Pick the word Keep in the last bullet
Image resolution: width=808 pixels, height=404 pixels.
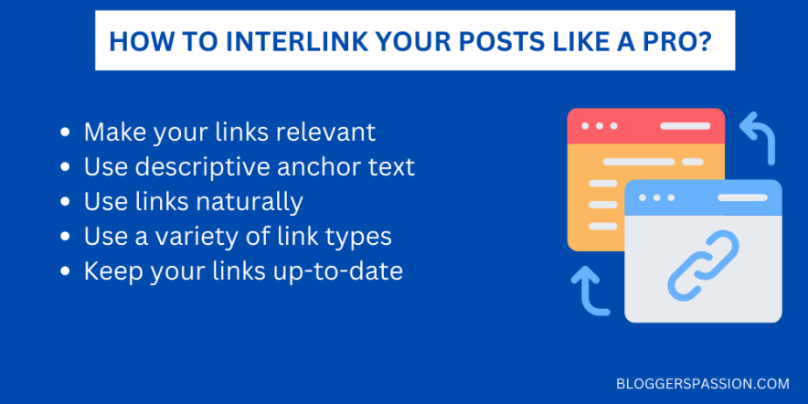[109, 271]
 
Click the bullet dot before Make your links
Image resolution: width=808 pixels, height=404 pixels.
[65, 133]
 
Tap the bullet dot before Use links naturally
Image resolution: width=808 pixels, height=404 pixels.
[65, 202]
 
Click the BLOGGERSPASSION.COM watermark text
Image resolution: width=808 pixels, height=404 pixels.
[703, 383]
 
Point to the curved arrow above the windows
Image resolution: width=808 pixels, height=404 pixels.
[758, 135]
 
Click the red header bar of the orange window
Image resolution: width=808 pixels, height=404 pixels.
[645, 125]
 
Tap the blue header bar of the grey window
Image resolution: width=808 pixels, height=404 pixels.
[703, 197]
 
